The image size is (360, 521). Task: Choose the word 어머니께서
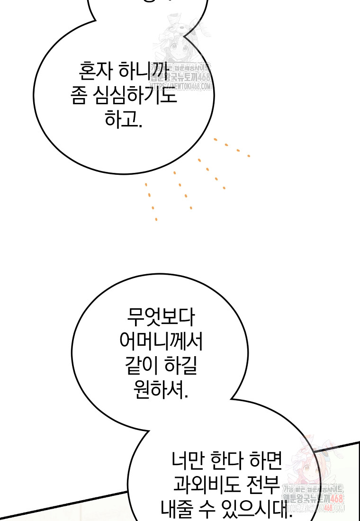[161, 341]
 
